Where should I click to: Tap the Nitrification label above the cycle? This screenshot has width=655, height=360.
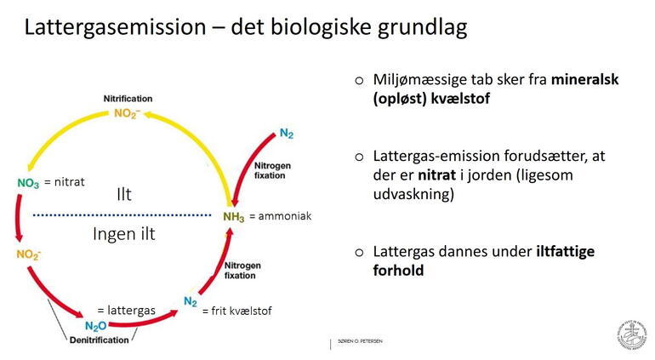pyautogui.click(x=128, y=100)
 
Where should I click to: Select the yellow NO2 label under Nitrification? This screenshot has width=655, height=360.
pyautogui.click(x=127, y=113)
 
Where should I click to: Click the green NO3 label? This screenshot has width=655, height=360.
pyautogui.click(x=28, y=183)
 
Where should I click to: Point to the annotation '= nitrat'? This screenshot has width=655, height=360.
pyautogui.click(x=65, y=181)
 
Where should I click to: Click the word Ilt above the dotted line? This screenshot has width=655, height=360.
pyautogui.click(x=124, y=196)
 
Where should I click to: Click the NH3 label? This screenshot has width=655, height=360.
pyautogui.click(x=233, y=217)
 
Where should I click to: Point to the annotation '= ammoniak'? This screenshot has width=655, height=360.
pyautogui.click(x=280, y=216)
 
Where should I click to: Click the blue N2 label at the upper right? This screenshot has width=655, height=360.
pyautogui.click(x=287, y=134)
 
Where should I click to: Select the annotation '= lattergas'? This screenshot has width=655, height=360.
pyautogui.click(x=126, y=311)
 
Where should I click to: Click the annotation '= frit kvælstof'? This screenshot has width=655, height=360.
pyautogui.click(x=236, y=311)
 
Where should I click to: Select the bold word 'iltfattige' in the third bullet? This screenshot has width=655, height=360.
pyautogui.click(x=577, y=251)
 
